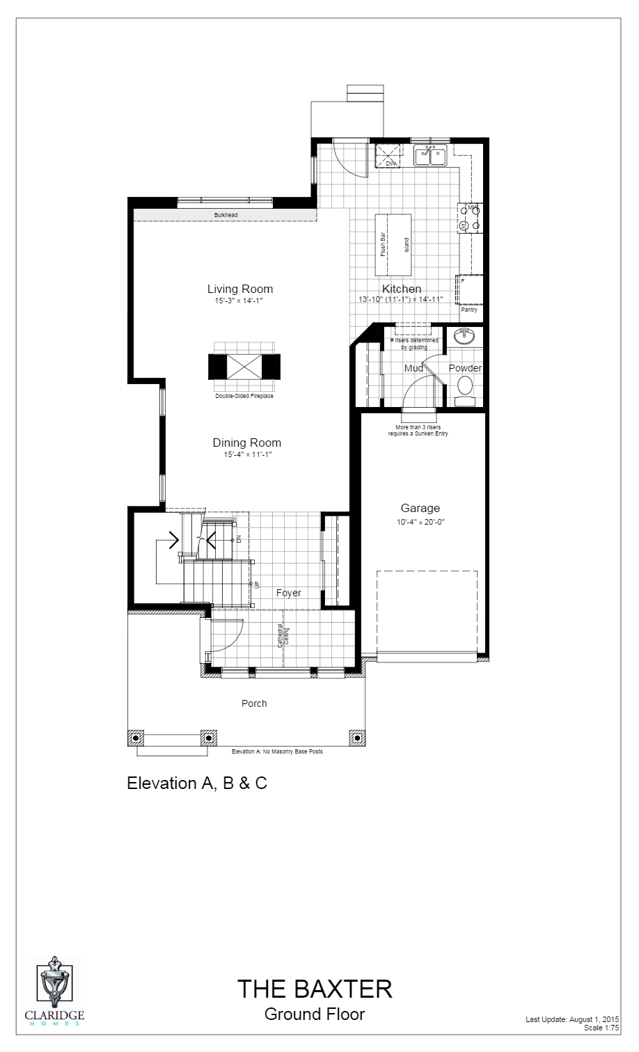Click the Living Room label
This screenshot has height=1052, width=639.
tap(239, 289)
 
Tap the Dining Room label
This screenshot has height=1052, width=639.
tap(246, 443)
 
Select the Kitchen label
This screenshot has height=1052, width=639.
tap(402, 289)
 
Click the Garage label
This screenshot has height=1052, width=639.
tap(420, 509)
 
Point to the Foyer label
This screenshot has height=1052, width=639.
tap(288, 593)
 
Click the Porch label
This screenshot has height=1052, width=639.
tap(254, 703)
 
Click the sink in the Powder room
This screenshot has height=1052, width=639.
tap(464, 337)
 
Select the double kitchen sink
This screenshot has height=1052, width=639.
tap(430, 157)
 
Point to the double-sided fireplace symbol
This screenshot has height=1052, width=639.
tap(244, 367)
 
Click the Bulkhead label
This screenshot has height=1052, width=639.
tap(226, 215)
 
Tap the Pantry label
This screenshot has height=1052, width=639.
tap(468, 310)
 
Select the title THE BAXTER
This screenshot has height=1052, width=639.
tap(315, 988)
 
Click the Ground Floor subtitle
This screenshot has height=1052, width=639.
tap(315, 1014)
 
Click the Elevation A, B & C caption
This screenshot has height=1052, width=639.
tap(197, 783)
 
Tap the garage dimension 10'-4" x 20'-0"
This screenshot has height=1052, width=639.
tap(420, 522)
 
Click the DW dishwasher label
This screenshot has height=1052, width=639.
tap(390, 164)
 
